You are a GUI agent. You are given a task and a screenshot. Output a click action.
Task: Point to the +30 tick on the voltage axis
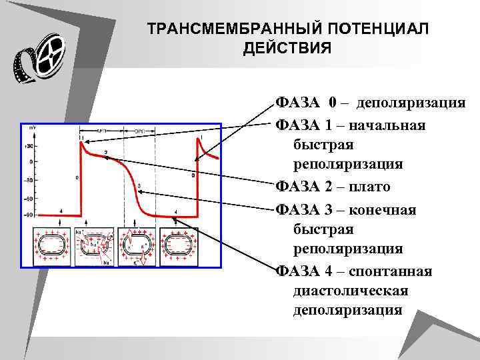(29, 145)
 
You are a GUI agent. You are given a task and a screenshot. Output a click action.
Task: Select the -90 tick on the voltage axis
(29, 215)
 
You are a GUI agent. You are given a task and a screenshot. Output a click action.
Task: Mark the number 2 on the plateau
(105, 153)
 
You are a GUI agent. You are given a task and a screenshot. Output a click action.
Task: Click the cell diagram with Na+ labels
(95, 247)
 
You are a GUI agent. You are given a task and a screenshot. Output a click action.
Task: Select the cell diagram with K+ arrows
(137, 247)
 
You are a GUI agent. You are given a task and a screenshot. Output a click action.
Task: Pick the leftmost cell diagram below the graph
(54, 247)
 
